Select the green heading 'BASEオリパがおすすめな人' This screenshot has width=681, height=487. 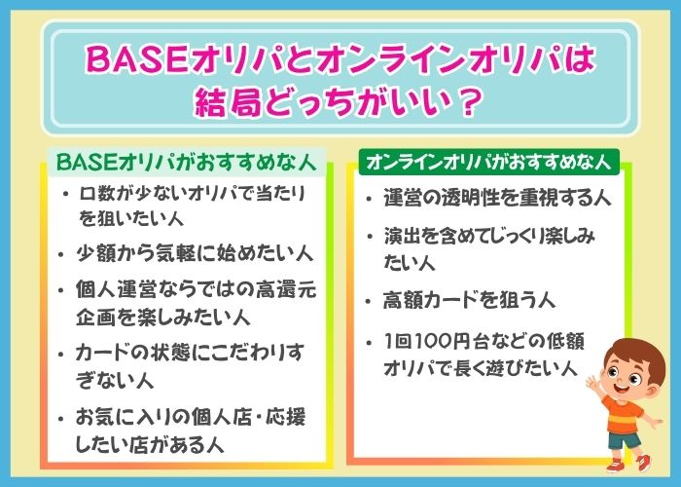click(186, 163)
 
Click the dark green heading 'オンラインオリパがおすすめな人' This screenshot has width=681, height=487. click(488, 162)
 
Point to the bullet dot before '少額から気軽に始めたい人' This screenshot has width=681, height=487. click(61, 255)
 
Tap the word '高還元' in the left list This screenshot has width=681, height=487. click(286, 289)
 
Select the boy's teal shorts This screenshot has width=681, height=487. click(625, 440)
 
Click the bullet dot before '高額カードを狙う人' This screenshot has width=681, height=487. click(369, 301)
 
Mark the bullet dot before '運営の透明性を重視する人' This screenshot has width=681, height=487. click(369, 199)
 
